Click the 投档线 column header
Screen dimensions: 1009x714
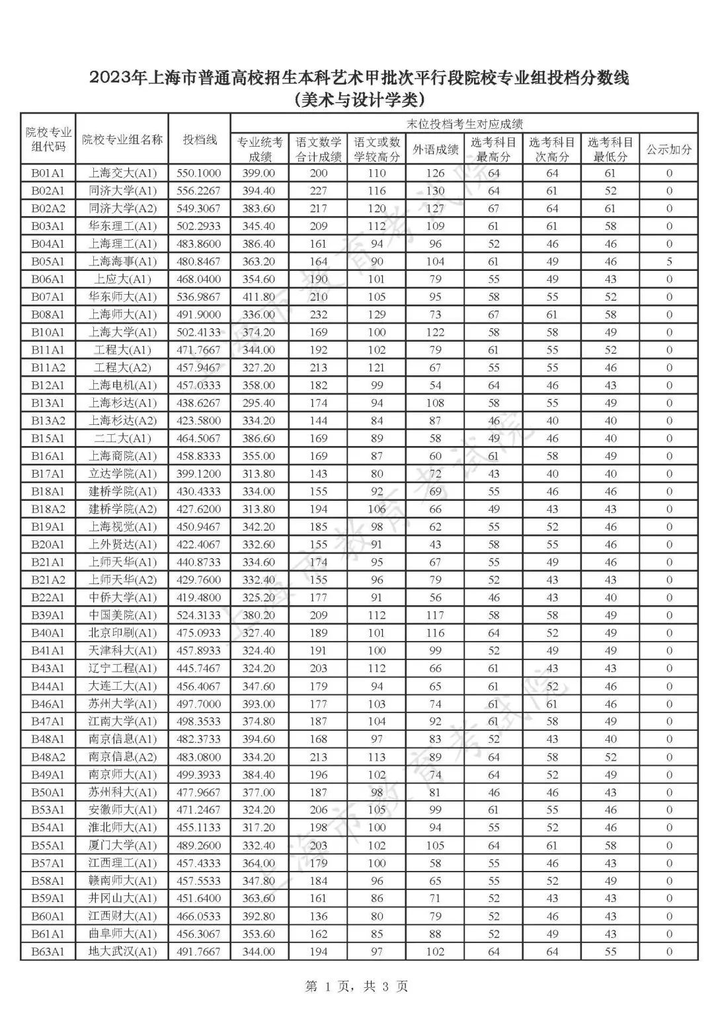click(x=200, y=139)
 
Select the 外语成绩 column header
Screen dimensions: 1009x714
click(x=435, y=149)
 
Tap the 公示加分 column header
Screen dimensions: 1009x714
click(x=668, y=149)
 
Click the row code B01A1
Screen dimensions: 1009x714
click(x=48, y=173)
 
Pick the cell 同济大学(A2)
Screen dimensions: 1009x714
click(x=122, y=209)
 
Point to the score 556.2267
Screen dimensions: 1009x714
click(x=199, y=191)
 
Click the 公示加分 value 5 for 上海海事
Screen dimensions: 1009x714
click(x=669, y=262)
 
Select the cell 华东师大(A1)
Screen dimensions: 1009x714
click(x=122, y=297)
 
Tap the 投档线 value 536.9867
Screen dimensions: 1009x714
click(x=199, y=297)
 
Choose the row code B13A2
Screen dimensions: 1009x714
click(x=48, y=421)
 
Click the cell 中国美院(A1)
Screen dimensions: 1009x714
click(x=122, y=615)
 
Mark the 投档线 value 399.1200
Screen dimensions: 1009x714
click(x=199, y=474)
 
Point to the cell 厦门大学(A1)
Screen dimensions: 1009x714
click(x=122, y=845)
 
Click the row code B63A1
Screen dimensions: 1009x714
click(x=48, y=952)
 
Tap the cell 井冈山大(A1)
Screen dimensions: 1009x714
click(x=122, y=899)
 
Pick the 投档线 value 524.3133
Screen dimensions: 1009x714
click(x=199, y=615)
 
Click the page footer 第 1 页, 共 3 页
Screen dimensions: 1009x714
click(x=357, y=987)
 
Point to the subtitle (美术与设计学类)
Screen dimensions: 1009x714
click(x=357, y=100)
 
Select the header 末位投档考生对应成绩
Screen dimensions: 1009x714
click(x=464, y=124)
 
